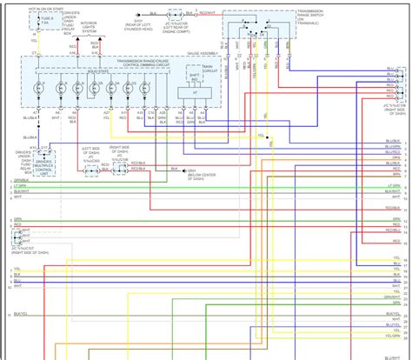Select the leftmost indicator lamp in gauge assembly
(x=39, y=90)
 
